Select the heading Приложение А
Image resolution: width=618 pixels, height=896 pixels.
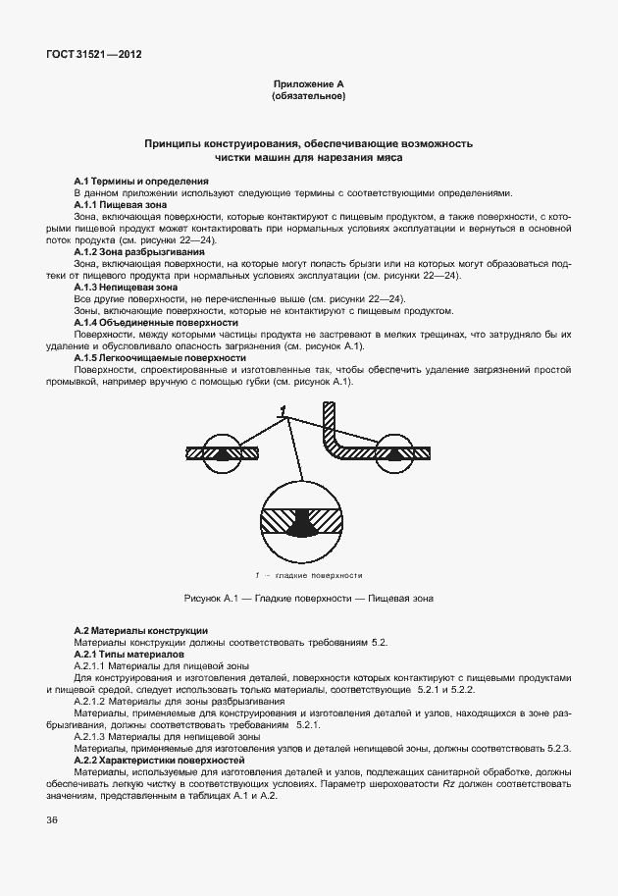(308, 85)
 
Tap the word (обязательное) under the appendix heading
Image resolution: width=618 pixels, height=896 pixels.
(308, 97)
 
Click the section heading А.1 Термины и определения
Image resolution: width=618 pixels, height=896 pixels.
(141, 182)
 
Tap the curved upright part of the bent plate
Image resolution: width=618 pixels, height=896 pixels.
(330, 430)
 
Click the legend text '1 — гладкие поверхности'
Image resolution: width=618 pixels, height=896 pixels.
(308, 575)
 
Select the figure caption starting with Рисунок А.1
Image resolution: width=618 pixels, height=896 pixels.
(308, 598)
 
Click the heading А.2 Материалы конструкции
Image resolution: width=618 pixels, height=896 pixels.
(141, 629)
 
